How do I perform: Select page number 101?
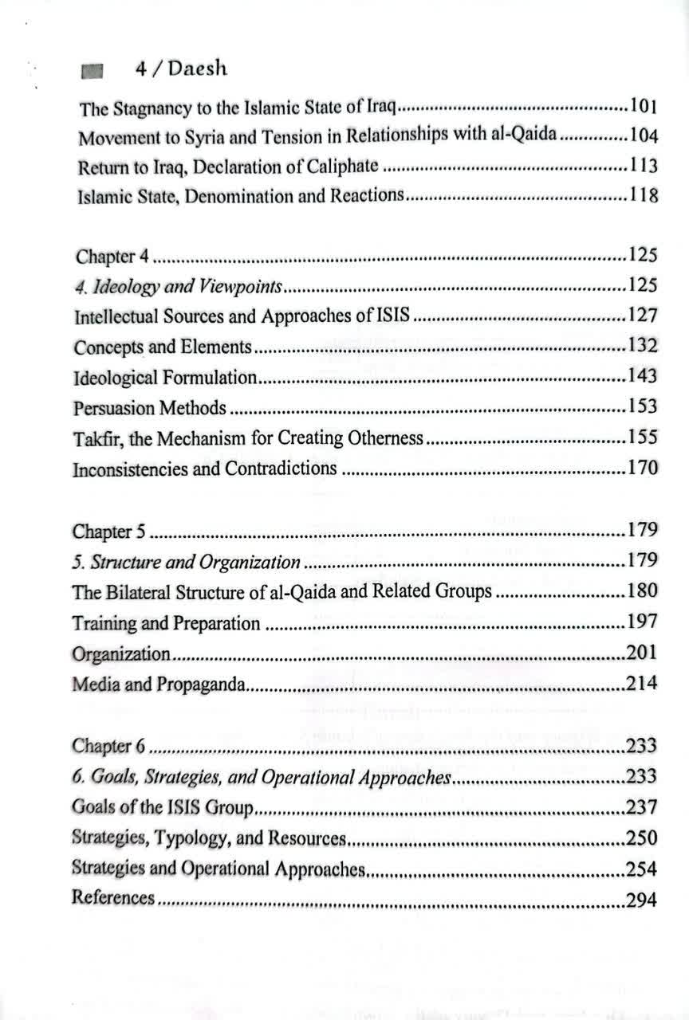point(644,105)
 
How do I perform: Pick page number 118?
point(644,196)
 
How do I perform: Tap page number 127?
point(642,316)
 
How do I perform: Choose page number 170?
point(642,468)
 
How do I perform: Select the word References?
point(112,897)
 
